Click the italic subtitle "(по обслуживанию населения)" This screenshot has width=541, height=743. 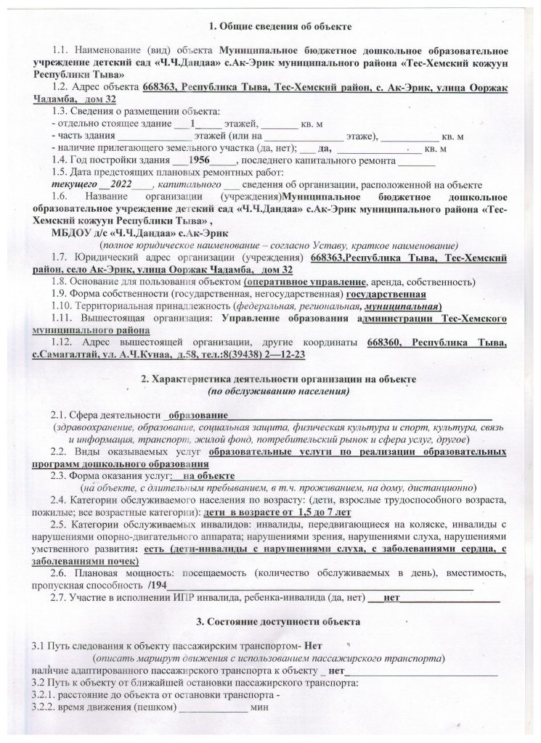tap(279, 391)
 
